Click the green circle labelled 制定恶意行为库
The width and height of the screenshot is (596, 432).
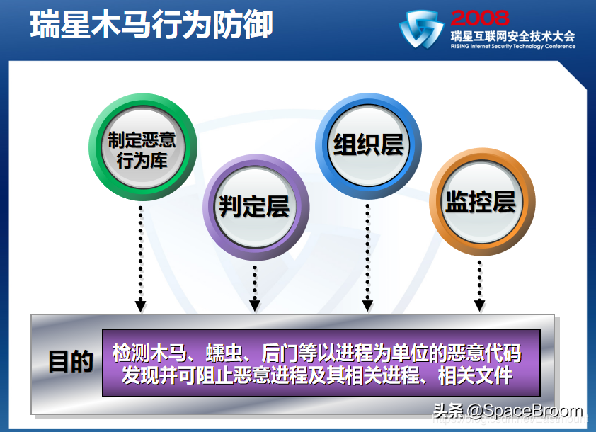coord(142,148)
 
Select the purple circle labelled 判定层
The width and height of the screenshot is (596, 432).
coord(256,206)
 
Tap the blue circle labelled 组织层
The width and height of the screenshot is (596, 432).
coord(368,144)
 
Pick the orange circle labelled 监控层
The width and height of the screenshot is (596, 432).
coord(479,202)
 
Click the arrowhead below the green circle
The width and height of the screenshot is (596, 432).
coord(141,306)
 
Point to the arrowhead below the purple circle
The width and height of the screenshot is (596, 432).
coord(256,306)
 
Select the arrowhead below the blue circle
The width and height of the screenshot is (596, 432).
coord(367,306)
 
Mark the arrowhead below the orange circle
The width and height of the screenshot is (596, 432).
coord(479,306)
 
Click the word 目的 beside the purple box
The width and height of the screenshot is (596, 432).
coord(71,362)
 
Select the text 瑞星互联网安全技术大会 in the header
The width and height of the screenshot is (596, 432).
coord(512,35)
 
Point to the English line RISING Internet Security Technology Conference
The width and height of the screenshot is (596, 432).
coord(512,47)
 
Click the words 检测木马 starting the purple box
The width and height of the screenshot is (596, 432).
coord(147,352)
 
